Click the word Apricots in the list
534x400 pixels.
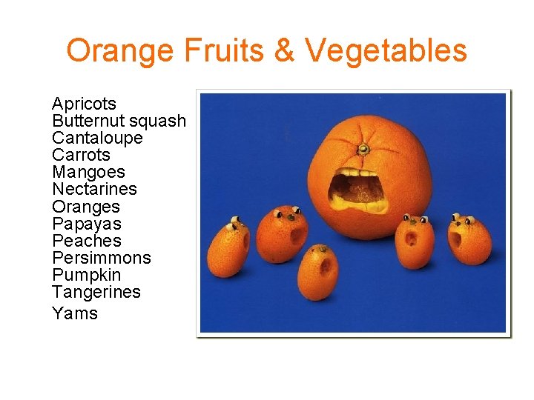coord(84,104)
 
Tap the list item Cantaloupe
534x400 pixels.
coord(97,138)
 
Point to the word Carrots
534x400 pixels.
coord(81,155)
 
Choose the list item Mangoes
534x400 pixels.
coord(88,173)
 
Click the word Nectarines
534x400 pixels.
coord(94,189)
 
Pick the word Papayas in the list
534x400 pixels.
coord(87,224)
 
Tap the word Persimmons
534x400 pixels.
coord(102,258)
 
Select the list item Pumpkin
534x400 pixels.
coord(86,275)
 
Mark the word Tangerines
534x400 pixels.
coord(96,292)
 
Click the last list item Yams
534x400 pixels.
coord(75,313)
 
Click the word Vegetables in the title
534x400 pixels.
coord(386,50)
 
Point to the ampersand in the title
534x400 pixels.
coord(286,50)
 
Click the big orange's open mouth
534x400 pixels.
coord(358,191)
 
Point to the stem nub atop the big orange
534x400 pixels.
coord(363,150)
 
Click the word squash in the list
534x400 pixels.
coord(157,121)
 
